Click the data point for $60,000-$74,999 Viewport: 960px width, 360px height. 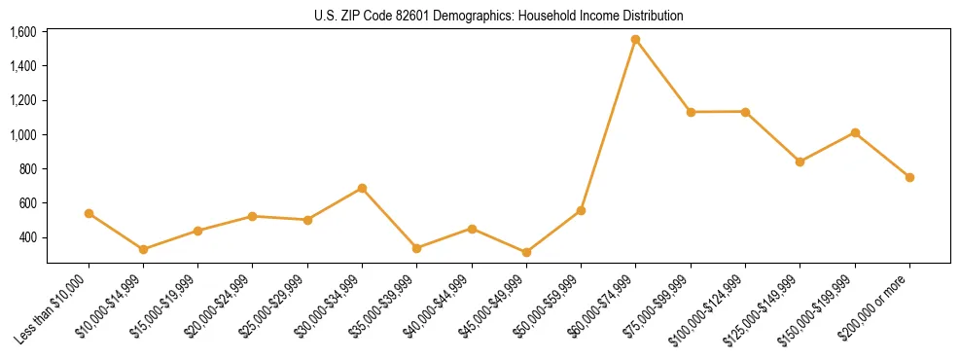click(x=635, y=40)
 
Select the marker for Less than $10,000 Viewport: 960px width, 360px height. click(x=89, y=213)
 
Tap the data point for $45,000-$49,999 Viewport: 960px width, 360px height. click(x=526, y=252)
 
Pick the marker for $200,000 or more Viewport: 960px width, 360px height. click(x=909, y=177)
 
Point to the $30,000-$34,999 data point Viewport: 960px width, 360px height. click(x=362, y=188)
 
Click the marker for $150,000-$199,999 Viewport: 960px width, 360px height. click(x=855, y=132)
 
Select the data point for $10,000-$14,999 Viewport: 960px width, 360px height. click(x=143, y=249)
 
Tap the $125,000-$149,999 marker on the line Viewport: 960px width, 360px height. click(x=800, y=162)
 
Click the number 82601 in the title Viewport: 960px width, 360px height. click(x=394, y=16)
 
